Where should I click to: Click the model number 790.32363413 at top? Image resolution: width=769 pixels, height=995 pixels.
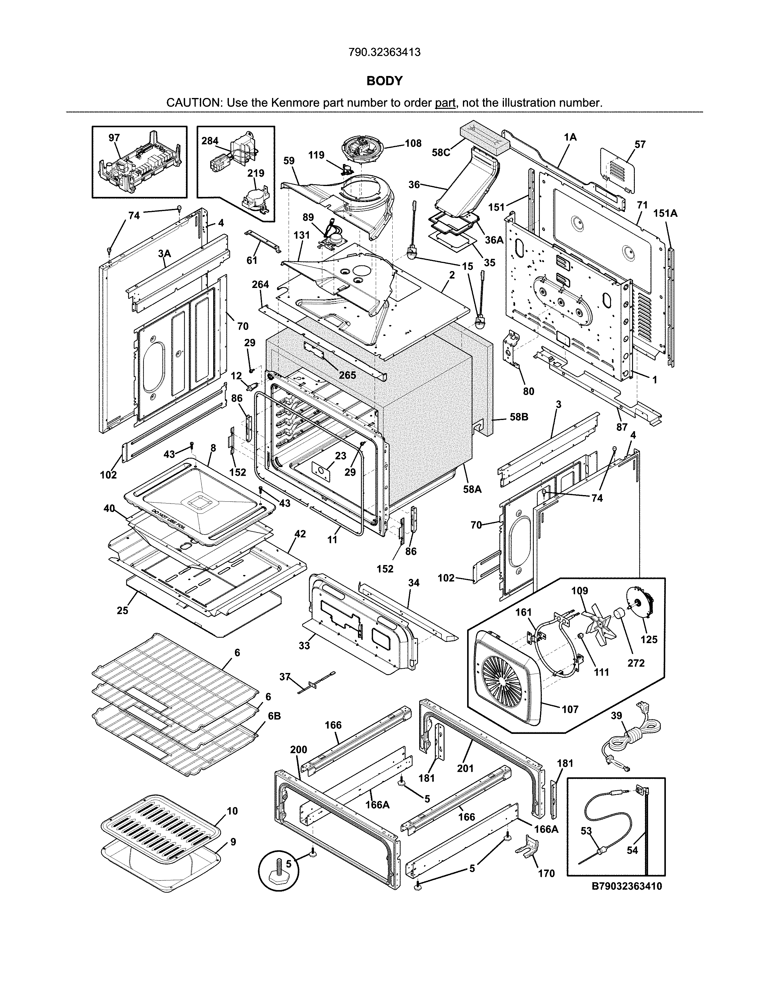coord(384,52)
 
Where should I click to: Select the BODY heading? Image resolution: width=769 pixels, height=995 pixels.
coord(384,81)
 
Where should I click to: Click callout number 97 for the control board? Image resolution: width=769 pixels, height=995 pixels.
coord(114,137)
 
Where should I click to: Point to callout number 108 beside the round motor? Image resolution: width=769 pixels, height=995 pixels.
coord(413,144)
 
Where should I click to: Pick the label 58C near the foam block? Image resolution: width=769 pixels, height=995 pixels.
coord(441,153)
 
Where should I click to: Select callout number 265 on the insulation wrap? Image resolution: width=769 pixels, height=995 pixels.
coord(348,375)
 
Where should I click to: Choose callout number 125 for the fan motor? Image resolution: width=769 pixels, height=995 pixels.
coord(649,639)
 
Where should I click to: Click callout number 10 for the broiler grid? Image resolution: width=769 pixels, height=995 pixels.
coord(232,811)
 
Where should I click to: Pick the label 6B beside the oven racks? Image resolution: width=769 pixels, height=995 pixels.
coord(274,716)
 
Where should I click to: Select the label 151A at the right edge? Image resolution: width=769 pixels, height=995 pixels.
coord(665,213)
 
